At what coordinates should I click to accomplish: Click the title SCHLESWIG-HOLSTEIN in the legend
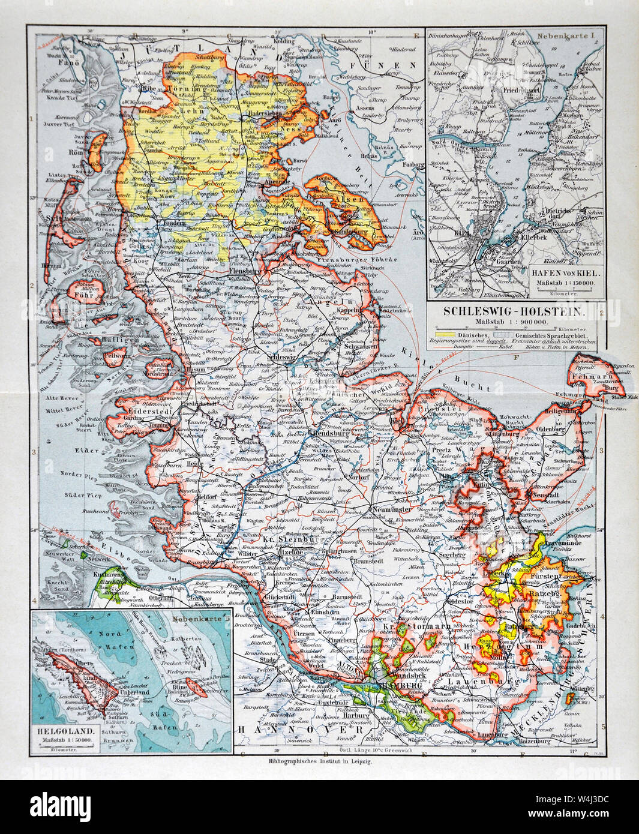point(515,312)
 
